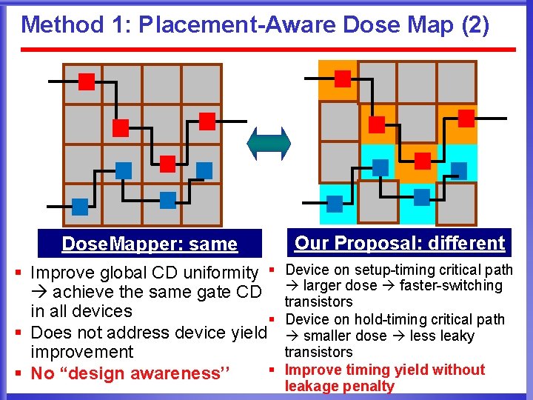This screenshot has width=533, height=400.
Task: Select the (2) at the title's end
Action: (475, 24)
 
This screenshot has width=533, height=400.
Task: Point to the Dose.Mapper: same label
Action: (150, 244)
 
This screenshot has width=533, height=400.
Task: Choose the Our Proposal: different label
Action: (399, 243)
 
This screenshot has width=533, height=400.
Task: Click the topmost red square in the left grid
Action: (87, 81)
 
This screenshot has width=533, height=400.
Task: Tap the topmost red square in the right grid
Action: (342, 79)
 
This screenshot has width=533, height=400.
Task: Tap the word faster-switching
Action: (451, 286)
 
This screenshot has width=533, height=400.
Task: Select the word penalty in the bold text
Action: (370, 386)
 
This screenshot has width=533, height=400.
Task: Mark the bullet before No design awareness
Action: (19, 373)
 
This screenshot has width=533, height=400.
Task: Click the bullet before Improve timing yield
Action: (272, 369)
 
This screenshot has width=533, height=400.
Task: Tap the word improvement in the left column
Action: (82, 352)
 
